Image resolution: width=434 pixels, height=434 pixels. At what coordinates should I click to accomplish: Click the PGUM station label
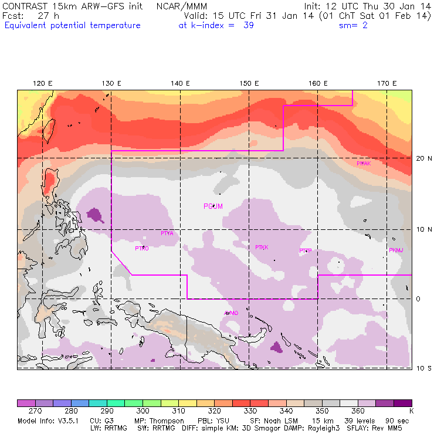click(x=213, y=206)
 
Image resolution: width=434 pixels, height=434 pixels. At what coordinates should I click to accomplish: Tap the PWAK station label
click(x=364, y=164)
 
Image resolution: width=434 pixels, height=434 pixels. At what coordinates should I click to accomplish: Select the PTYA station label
click(x=167, y=233)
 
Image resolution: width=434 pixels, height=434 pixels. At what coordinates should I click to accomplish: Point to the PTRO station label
click(x=141, y=249)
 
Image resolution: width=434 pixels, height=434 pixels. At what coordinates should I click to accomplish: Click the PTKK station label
click(x=262, y=247)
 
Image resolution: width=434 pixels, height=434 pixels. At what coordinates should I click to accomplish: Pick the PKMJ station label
click(x=396, y=250)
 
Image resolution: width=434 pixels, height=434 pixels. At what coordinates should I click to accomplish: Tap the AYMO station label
click(x=231, y=313)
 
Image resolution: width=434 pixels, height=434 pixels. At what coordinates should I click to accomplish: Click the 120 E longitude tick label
click(x=43, y=83)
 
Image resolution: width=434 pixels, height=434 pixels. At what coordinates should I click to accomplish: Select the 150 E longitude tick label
click(x=249, y=83)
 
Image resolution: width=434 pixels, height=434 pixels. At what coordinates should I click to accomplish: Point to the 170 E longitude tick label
click(x=387, y=83)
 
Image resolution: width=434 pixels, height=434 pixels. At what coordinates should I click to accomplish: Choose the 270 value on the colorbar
click(x=35, y=411)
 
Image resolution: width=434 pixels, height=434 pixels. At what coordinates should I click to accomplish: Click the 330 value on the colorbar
click(x=250, y=411)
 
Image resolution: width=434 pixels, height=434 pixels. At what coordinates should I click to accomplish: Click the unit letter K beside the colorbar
click(x=411, y=411)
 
